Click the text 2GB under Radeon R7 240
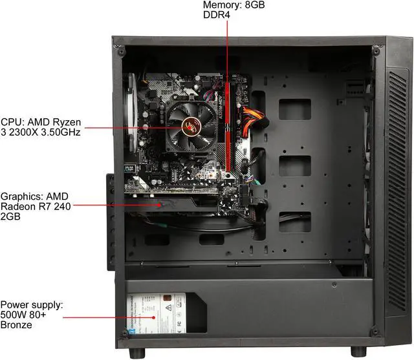coord(12,218)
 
